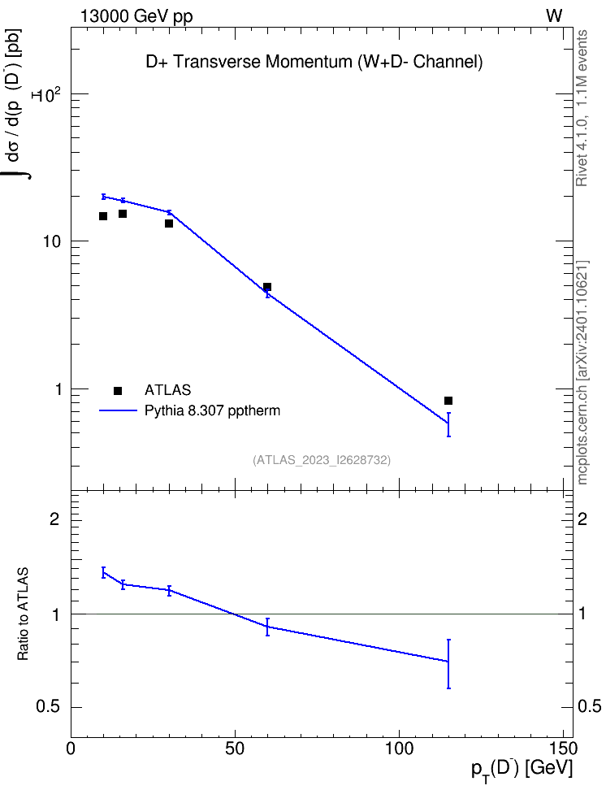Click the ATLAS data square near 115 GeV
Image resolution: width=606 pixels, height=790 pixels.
click(448, 401)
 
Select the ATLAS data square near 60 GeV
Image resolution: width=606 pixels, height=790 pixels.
click(267, 287)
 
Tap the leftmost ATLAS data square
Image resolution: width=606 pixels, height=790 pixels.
click(103, 216)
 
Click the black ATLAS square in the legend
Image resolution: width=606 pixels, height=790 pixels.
click(118, 390)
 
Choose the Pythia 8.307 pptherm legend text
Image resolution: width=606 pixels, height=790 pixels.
click(212, 410)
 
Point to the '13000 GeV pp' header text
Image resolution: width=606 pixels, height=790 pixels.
click(136, 16)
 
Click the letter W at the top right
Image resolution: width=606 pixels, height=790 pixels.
click(554, 16)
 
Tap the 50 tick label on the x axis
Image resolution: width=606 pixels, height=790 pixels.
click(235, 749)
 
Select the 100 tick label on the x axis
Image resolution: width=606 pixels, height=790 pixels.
click(399, 749)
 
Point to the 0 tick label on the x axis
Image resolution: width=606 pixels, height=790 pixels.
click(71, 749)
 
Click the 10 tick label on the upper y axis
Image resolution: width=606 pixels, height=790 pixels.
click(51, 241)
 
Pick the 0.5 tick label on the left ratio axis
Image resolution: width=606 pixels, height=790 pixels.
click(48, 707)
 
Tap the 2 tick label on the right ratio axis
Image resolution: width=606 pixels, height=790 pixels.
click(582, 519)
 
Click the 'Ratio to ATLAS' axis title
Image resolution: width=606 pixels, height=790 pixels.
click(23, 614)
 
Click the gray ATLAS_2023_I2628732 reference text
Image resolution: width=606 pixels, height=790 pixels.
click(322, 460)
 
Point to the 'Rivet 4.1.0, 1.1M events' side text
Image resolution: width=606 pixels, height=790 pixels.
click(582, 108)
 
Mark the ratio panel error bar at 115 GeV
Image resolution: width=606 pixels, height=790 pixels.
click(448, 664)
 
